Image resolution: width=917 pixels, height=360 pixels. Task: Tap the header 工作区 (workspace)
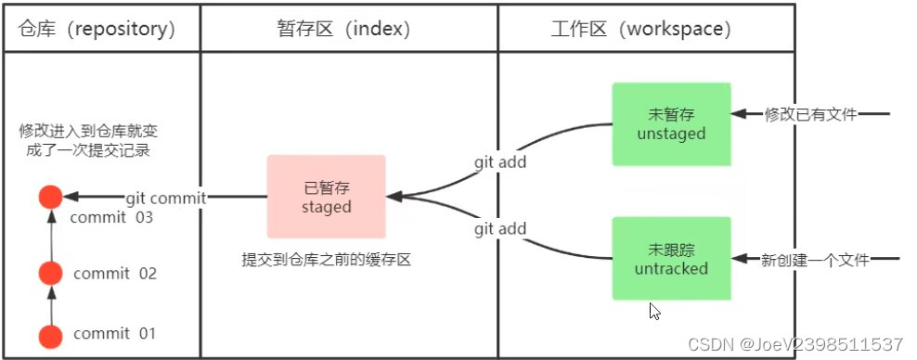coord(640,29)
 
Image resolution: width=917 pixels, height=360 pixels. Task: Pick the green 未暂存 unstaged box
coord(671,124)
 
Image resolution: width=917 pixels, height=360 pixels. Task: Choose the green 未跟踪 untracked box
coord(671,259)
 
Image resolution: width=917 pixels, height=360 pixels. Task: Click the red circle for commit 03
coord(50,197)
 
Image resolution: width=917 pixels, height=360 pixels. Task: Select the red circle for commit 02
coord(50,273)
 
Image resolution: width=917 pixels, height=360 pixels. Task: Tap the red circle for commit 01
coord(50,334)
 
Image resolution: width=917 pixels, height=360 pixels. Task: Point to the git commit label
coord(165,197)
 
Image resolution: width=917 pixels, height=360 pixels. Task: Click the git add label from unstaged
coord(500,162)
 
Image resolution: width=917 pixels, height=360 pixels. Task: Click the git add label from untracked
coord(500,228)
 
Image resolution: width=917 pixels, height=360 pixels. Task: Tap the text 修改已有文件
coord(809,114)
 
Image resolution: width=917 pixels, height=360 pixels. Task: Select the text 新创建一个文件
coord(814,261)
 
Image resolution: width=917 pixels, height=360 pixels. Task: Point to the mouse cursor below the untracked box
coord(655,311)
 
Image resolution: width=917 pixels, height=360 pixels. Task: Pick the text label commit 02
coord(115,274)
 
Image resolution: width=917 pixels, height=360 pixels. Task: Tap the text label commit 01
coord(115,333)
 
